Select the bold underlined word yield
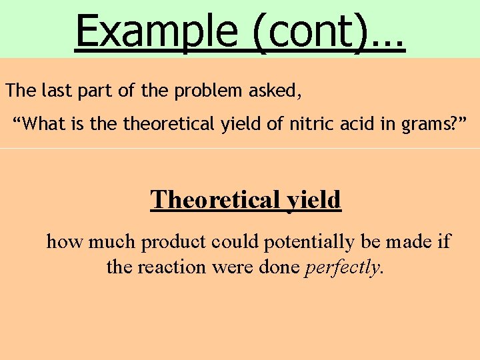click(313, 199)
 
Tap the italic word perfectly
click(343, 267)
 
